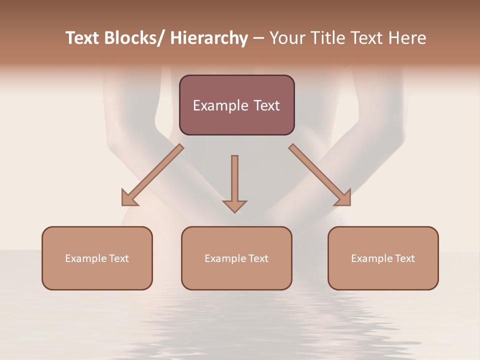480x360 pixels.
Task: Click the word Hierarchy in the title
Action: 208,38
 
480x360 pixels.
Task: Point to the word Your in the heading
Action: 287,38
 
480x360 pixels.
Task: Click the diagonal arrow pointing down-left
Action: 155,172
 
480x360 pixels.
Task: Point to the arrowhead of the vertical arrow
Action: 234,206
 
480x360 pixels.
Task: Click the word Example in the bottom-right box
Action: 369,258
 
